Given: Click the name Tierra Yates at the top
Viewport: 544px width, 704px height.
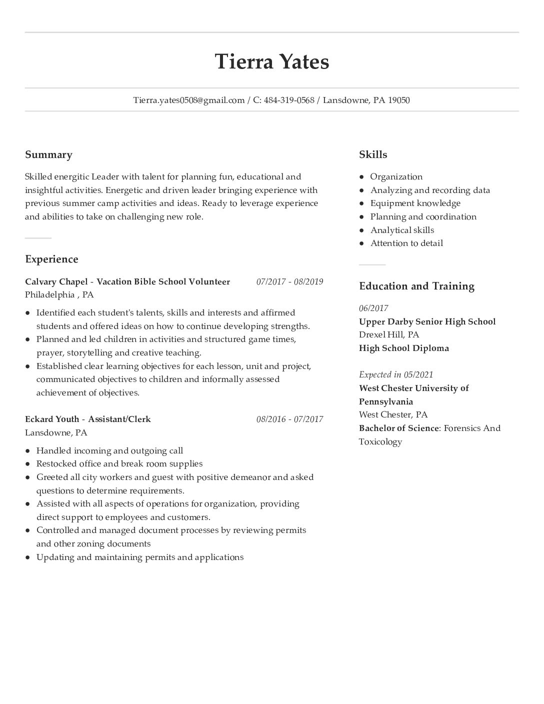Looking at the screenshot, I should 272,62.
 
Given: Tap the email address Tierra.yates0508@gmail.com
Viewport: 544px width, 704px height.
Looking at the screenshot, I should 188,100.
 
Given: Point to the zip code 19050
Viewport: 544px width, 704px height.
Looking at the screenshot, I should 399,100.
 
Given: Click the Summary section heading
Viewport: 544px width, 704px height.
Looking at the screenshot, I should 48,154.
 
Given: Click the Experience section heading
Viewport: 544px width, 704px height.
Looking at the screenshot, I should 51,259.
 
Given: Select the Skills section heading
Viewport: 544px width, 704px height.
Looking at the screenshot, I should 373,154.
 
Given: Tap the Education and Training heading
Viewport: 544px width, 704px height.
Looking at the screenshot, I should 416,286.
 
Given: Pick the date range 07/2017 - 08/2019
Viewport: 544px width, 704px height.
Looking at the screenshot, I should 289,281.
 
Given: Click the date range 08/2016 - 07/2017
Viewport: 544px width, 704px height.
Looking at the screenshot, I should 289,419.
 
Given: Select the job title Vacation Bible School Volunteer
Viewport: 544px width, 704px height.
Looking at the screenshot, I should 163,281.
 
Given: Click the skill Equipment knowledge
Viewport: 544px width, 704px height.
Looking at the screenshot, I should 415,203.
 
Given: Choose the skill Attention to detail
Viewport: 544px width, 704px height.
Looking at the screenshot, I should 406,243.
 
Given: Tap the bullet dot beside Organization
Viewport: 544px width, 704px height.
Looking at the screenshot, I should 361,177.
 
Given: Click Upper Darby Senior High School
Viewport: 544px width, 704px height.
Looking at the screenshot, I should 427,321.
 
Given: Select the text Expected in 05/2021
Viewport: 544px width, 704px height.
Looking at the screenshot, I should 396,374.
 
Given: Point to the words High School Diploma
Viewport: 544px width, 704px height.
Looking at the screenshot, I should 403,348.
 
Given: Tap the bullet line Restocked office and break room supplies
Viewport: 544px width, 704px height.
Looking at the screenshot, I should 119,463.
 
